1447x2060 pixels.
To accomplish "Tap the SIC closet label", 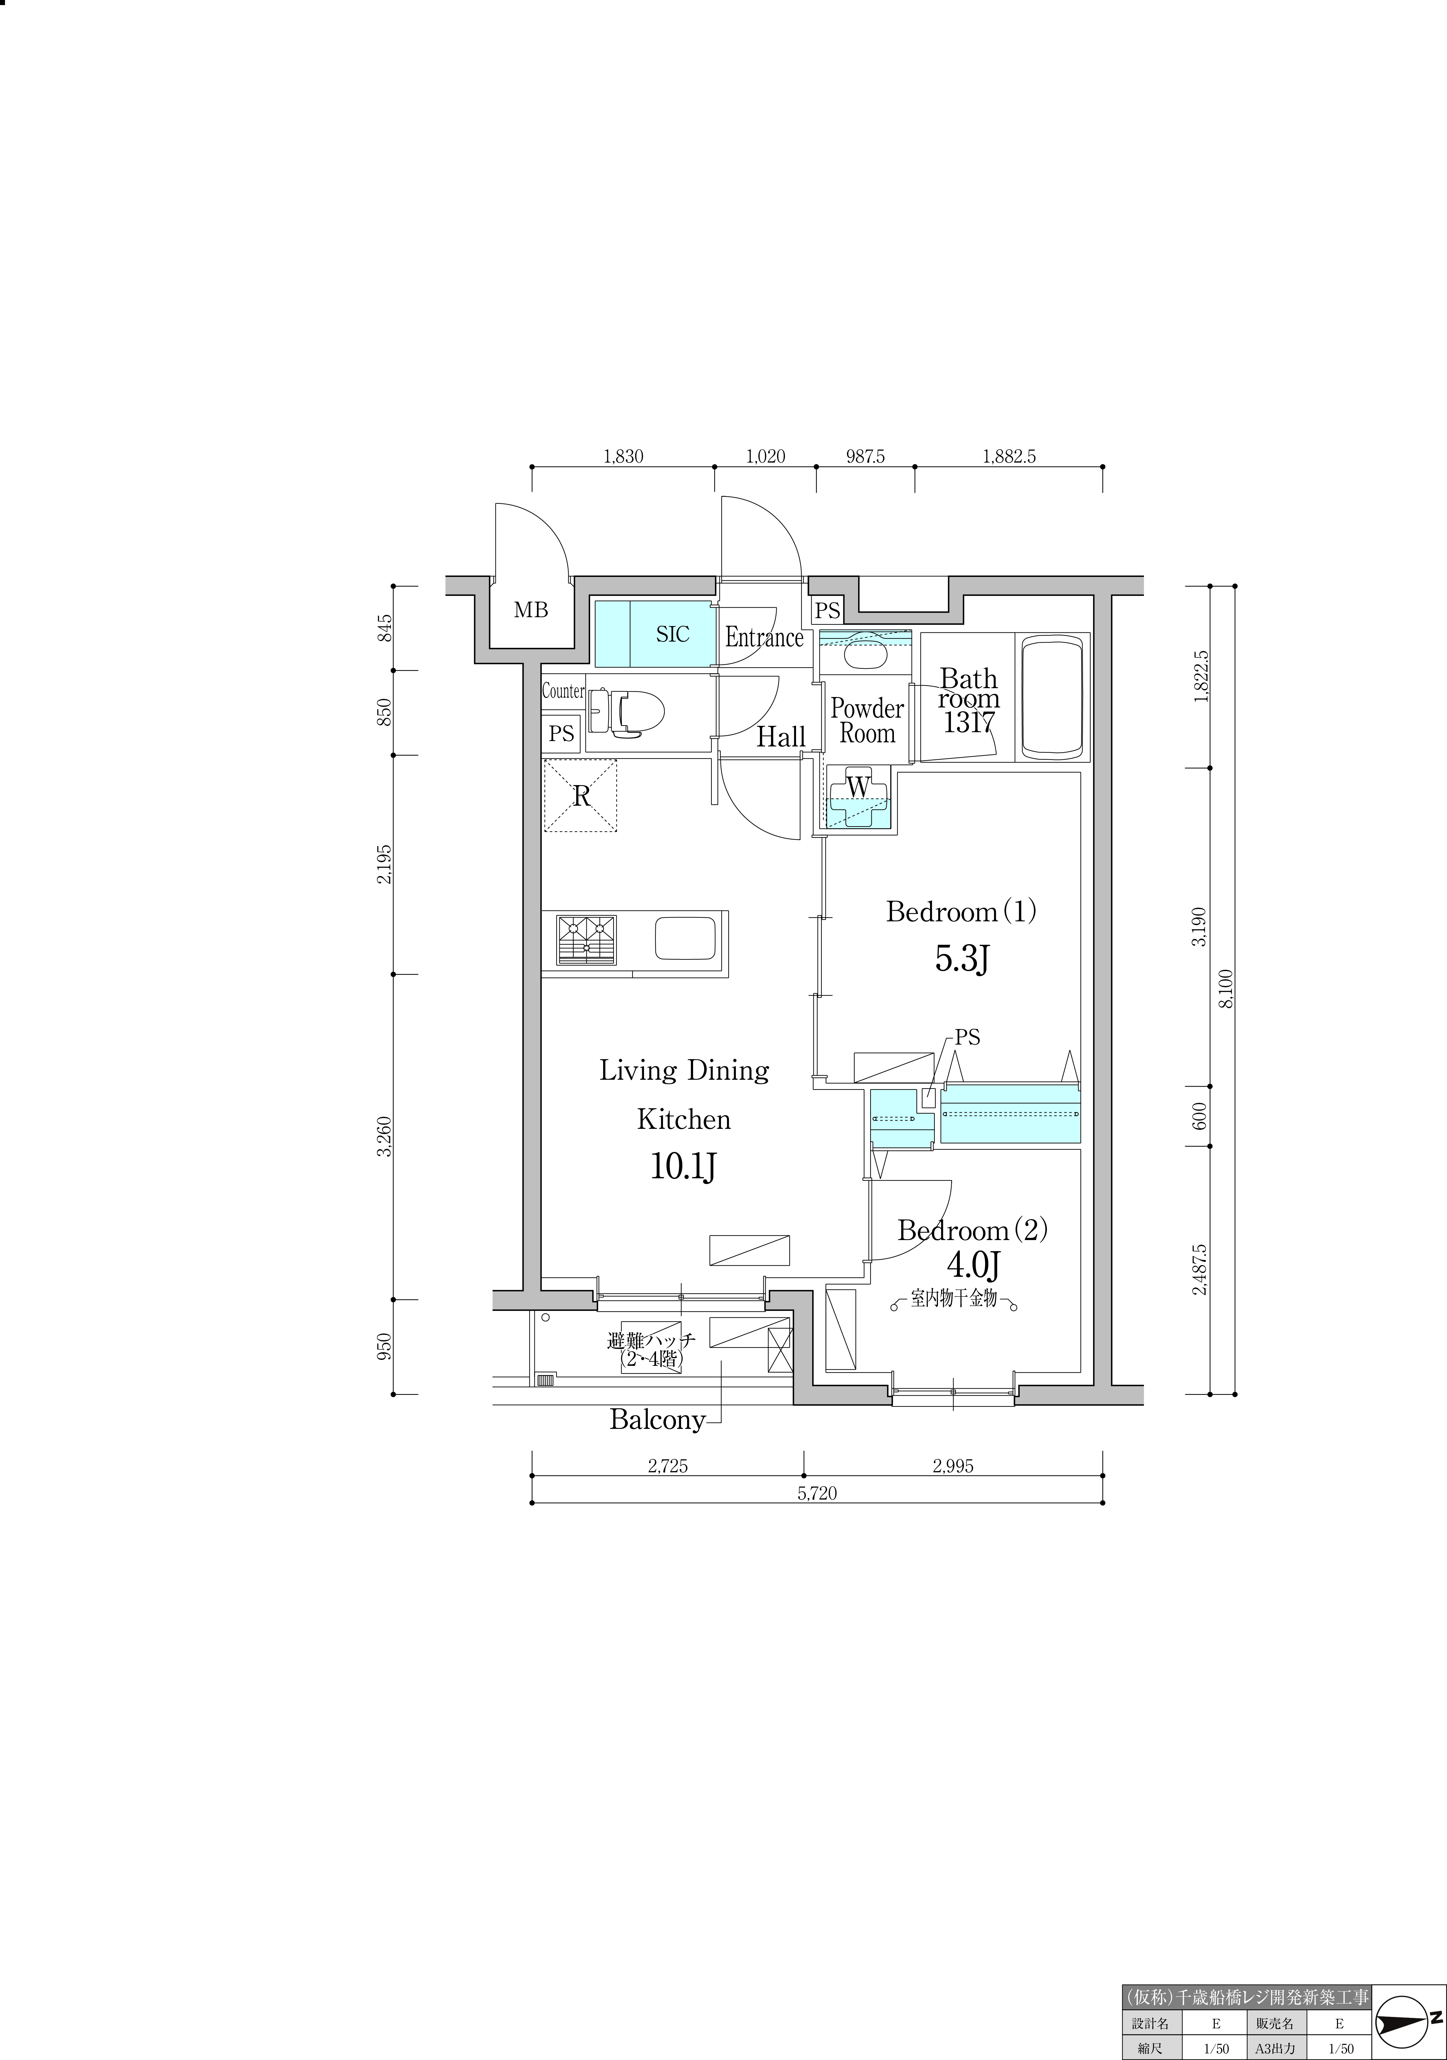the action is (673, 634).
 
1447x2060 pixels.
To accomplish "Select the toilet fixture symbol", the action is (626, 713).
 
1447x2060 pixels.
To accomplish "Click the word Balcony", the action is (657, 1419).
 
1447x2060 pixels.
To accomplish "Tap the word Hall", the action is (781, 738).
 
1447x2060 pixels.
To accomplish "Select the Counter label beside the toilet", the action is (563, 692).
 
